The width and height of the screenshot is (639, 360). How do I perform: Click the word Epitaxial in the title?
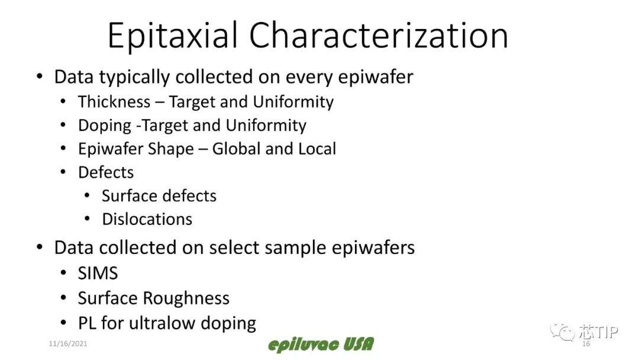click(x=173, y=36)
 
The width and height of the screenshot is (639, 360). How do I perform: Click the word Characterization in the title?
click(x=379, y=36)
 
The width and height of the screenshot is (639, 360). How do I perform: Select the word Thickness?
click(x=114, y=102)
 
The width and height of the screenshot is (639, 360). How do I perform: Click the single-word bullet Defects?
click(x=106, y=172)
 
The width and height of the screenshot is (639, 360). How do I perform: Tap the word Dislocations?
click(x=147, y=219)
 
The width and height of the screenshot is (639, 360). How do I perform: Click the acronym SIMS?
click(x=98, y=273)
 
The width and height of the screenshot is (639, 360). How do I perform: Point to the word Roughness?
click(x=186, y=298)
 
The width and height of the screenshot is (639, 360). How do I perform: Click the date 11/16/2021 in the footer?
click(x=68, y=343)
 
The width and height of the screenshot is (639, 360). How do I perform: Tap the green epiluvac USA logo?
click(x=321, y=345)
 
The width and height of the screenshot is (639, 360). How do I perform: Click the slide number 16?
click(x=586, y=343)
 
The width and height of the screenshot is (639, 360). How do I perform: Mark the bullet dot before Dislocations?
click(x=87, y=219)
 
